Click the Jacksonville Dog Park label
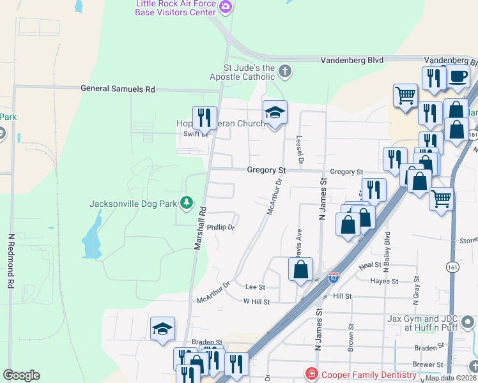tap(134, 204)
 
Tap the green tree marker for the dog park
tap(187, 203)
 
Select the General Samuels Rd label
tap(118, 90)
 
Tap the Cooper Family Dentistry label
tap(362, 373)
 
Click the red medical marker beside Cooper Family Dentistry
tap(311, 373)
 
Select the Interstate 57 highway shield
tap(334, 278)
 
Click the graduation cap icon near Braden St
tap(162, 328)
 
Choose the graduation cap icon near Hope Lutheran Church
tap(275, 112)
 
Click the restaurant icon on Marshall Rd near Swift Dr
tap(204, 117)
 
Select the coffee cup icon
tap(458, 76)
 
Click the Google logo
tap(21, 375)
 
